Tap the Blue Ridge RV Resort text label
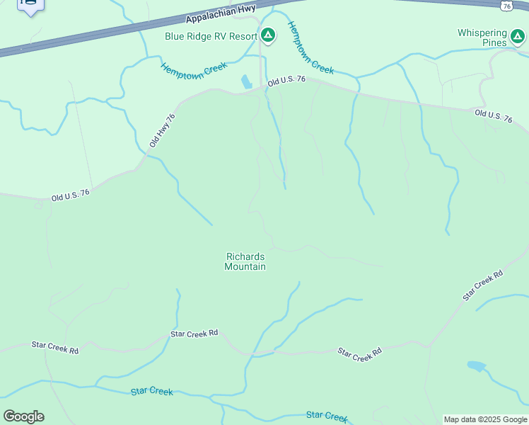pos(211,36)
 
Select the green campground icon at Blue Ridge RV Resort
pos(268,35)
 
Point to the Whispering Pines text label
pos(482,38)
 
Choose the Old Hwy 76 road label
pos(162,130)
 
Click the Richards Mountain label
pos(245,261)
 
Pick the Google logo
pos(23,416)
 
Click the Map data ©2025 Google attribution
pos(485,419)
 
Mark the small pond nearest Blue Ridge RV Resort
pos(246,81)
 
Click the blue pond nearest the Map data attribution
pos(476,366)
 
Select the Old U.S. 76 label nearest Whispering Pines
pos(493,117)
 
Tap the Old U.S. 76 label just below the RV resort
pos(286,80)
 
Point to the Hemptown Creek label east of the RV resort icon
pos(310,48)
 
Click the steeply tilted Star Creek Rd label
pos(483,285)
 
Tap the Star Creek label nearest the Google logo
pos(152,392)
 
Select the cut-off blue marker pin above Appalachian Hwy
pos(30,6)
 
